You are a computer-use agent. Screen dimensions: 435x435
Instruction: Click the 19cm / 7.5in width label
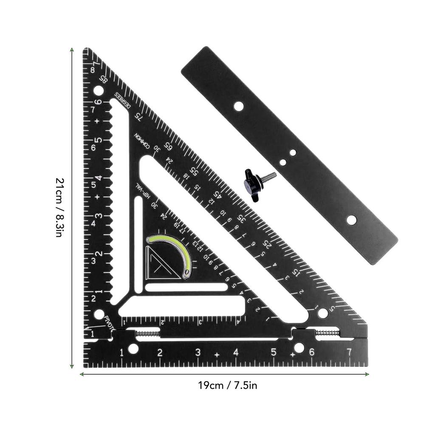tap(228, 386)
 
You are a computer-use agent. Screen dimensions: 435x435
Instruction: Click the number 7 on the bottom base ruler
tap(349, 352)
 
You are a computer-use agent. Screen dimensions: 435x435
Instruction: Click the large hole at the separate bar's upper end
tap(239, 106)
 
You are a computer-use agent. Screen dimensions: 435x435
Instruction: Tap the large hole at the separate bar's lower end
tap(351, 220)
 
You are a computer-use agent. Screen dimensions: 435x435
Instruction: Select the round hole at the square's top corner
tap(98, 90)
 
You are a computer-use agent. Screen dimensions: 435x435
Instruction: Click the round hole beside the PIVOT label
tap(99, 314)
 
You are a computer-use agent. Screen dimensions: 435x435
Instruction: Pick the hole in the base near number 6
tap(299, 348)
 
